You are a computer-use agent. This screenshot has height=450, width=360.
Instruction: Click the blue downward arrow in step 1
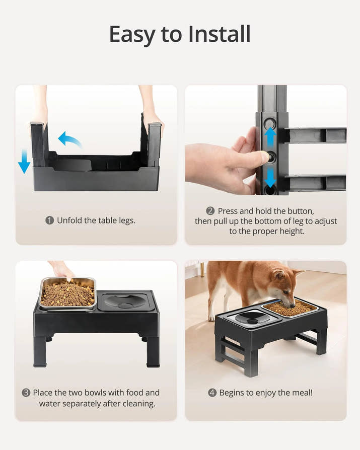coord(24,161)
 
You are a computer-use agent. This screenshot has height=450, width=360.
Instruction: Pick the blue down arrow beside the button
coord(270,177)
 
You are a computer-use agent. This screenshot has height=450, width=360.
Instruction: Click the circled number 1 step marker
coord(50,220)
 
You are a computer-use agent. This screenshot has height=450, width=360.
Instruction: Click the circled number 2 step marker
coord(210,211)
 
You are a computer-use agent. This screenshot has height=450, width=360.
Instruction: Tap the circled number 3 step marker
coord(26,393)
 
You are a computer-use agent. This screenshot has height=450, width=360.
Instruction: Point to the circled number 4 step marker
coord(212,393)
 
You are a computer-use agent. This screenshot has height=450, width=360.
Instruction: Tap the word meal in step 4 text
coord(302,393)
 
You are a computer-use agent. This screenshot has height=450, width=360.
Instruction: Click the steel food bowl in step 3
coord(67,293)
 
